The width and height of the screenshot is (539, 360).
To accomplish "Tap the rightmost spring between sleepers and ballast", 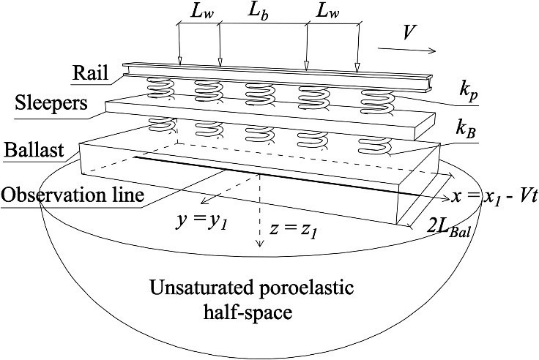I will pyautogui.click(x=373, y=145).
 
